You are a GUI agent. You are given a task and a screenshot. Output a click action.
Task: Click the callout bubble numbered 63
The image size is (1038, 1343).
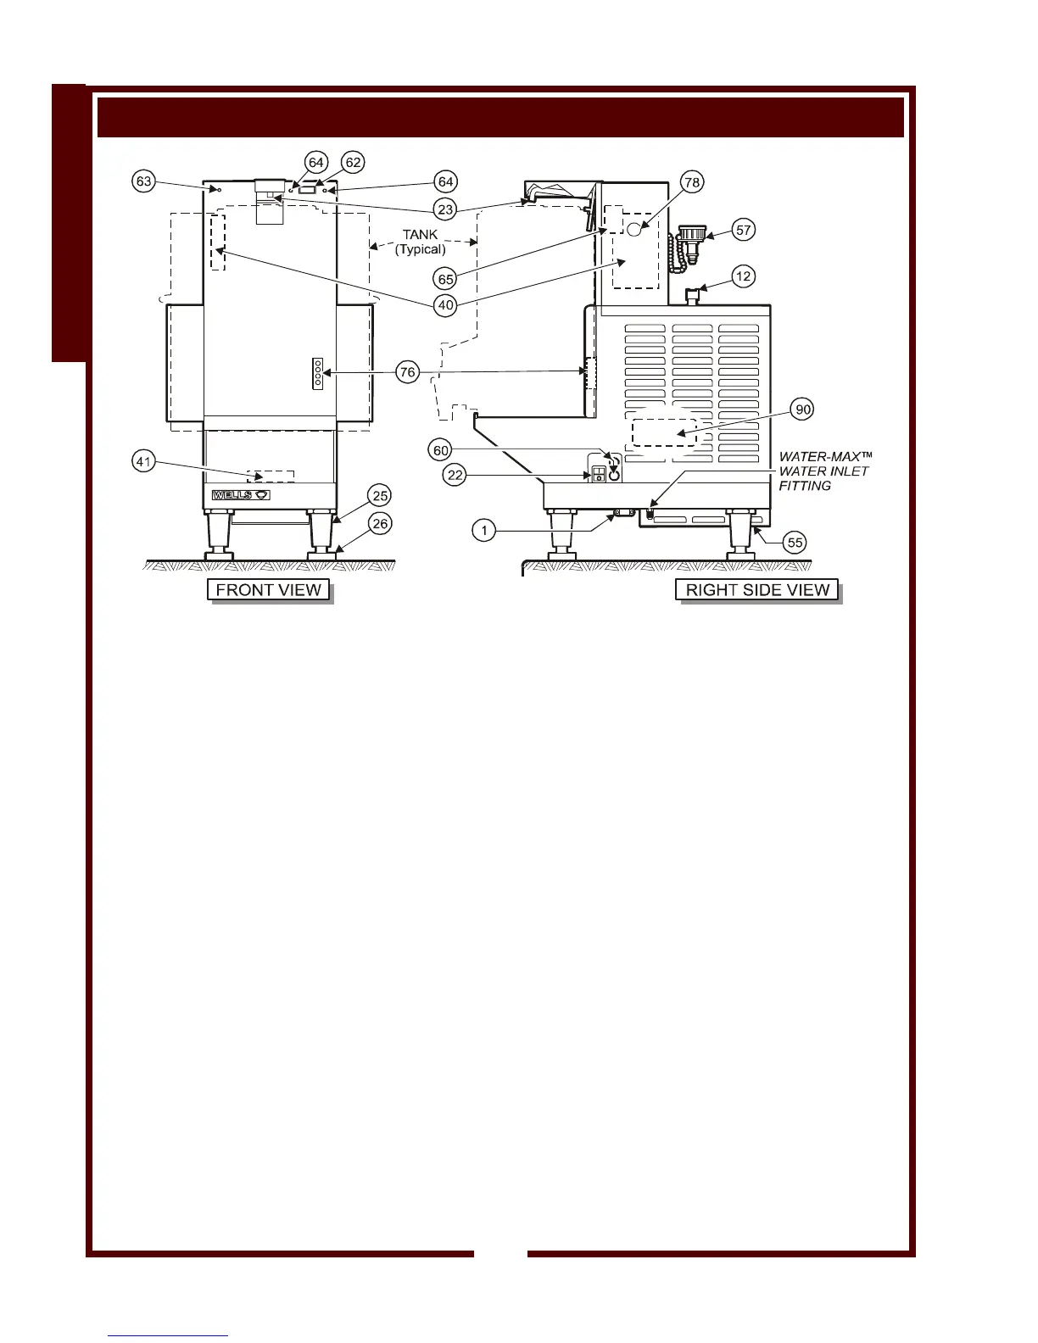click(x=144, y=181)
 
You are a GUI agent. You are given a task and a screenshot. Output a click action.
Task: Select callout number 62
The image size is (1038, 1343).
click(x=353, y=162)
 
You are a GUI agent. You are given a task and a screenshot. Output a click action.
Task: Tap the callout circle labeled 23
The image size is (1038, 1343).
click(x=446, y=209)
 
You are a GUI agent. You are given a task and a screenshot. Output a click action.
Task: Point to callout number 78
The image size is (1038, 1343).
click(x=692, y=181)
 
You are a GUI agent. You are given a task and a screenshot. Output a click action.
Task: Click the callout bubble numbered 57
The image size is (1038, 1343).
click(x=744, y=230)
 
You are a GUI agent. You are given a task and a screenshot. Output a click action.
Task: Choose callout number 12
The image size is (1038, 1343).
click(x=744, y=276)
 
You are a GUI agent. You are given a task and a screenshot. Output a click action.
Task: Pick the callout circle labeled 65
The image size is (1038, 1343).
click(x=446, y=278)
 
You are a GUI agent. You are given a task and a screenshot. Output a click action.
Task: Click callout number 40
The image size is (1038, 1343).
click(x=446, y=304)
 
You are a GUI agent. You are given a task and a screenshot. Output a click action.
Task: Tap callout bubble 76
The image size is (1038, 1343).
click(x=408, y=371)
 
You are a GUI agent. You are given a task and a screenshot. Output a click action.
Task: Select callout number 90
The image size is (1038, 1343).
click(x=802, y=410)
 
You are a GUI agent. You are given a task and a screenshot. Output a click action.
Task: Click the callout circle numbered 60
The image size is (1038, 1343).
click(x=441, y=450)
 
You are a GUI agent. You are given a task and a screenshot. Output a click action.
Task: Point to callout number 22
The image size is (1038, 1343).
click(x=455, y=475)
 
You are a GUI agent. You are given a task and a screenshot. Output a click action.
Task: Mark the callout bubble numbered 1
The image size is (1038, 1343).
click(x=483, y=531)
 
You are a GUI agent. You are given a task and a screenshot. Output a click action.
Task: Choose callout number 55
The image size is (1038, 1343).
click(x=795, y=543)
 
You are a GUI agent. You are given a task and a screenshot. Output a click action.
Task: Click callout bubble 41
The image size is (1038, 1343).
click(x=144, y=462)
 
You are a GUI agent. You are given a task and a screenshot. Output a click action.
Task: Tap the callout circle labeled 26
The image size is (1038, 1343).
click(x=381, y=524)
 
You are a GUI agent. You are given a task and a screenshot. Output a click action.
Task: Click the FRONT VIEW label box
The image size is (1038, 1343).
click(x=268, y=590)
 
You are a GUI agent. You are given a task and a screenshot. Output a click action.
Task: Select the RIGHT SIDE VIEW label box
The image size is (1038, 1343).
click(x=757, y=590)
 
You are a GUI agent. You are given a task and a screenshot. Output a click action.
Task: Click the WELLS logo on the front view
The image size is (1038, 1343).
click(x=241, y=494)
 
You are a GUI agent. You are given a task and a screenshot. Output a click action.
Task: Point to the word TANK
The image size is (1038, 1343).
click(x=420, y=235)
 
